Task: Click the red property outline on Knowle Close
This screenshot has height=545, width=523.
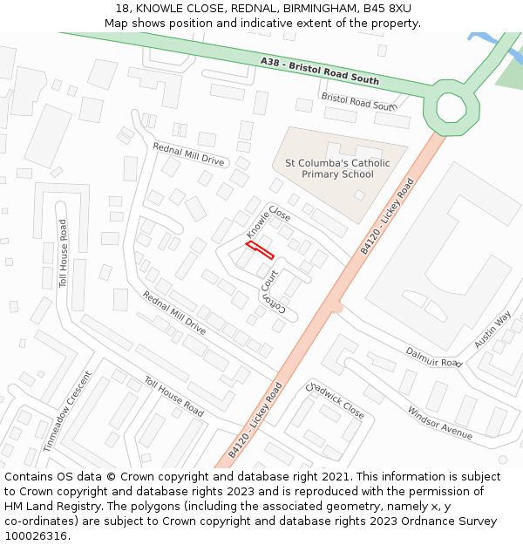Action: click(x=260, y=251)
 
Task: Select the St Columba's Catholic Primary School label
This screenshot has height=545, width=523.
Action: click(x=337, y=168)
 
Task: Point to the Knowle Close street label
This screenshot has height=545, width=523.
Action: click(x=268, y=222)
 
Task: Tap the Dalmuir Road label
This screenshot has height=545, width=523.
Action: click(x=433, y=357)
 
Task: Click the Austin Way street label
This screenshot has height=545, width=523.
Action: click(x=492, y=330)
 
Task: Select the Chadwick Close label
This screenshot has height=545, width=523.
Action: click(x=335, y=399)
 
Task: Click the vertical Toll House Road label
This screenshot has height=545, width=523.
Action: click(x=63, y=254)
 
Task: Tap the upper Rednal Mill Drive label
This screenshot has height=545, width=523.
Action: click(x=188, y=154)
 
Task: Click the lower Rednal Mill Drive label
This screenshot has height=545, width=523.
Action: click(x=174, y=313)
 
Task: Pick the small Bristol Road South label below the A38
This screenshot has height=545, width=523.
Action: click(x=358, y=102)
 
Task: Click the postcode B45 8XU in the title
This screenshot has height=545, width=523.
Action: click(x=387, y=9)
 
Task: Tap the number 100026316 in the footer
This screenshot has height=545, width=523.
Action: click(x=37, y=535)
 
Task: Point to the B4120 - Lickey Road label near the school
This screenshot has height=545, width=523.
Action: click(x=387, y=217)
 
